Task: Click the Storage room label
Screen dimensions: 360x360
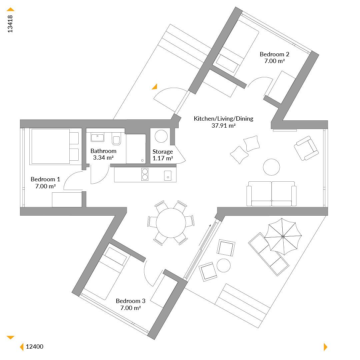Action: point(163,152)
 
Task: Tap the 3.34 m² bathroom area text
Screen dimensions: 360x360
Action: point(103,157)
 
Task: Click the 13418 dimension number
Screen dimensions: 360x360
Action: point(10,24)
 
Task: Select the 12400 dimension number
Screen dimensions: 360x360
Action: point(34,346)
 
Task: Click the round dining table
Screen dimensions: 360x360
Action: point(171,223)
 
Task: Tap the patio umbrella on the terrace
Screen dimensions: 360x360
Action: point(283,236)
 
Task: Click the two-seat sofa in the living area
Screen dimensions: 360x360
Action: point(271,194)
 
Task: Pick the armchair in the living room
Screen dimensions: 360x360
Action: point(306,148)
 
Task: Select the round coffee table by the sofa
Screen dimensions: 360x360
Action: point(271,167)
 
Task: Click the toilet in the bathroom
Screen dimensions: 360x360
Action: point(116,139)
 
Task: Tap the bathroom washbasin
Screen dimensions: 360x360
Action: point(97,137)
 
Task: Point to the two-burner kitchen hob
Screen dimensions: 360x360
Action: point(145,174)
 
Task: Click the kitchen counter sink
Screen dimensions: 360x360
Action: point(168,176)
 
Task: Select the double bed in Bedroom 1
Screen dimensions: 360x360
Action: point(54,146)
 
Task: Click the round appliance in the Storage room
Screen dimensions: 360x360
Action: point(161,136)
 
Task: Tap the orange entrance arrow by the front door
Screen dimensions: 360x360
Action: point(155,87)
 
